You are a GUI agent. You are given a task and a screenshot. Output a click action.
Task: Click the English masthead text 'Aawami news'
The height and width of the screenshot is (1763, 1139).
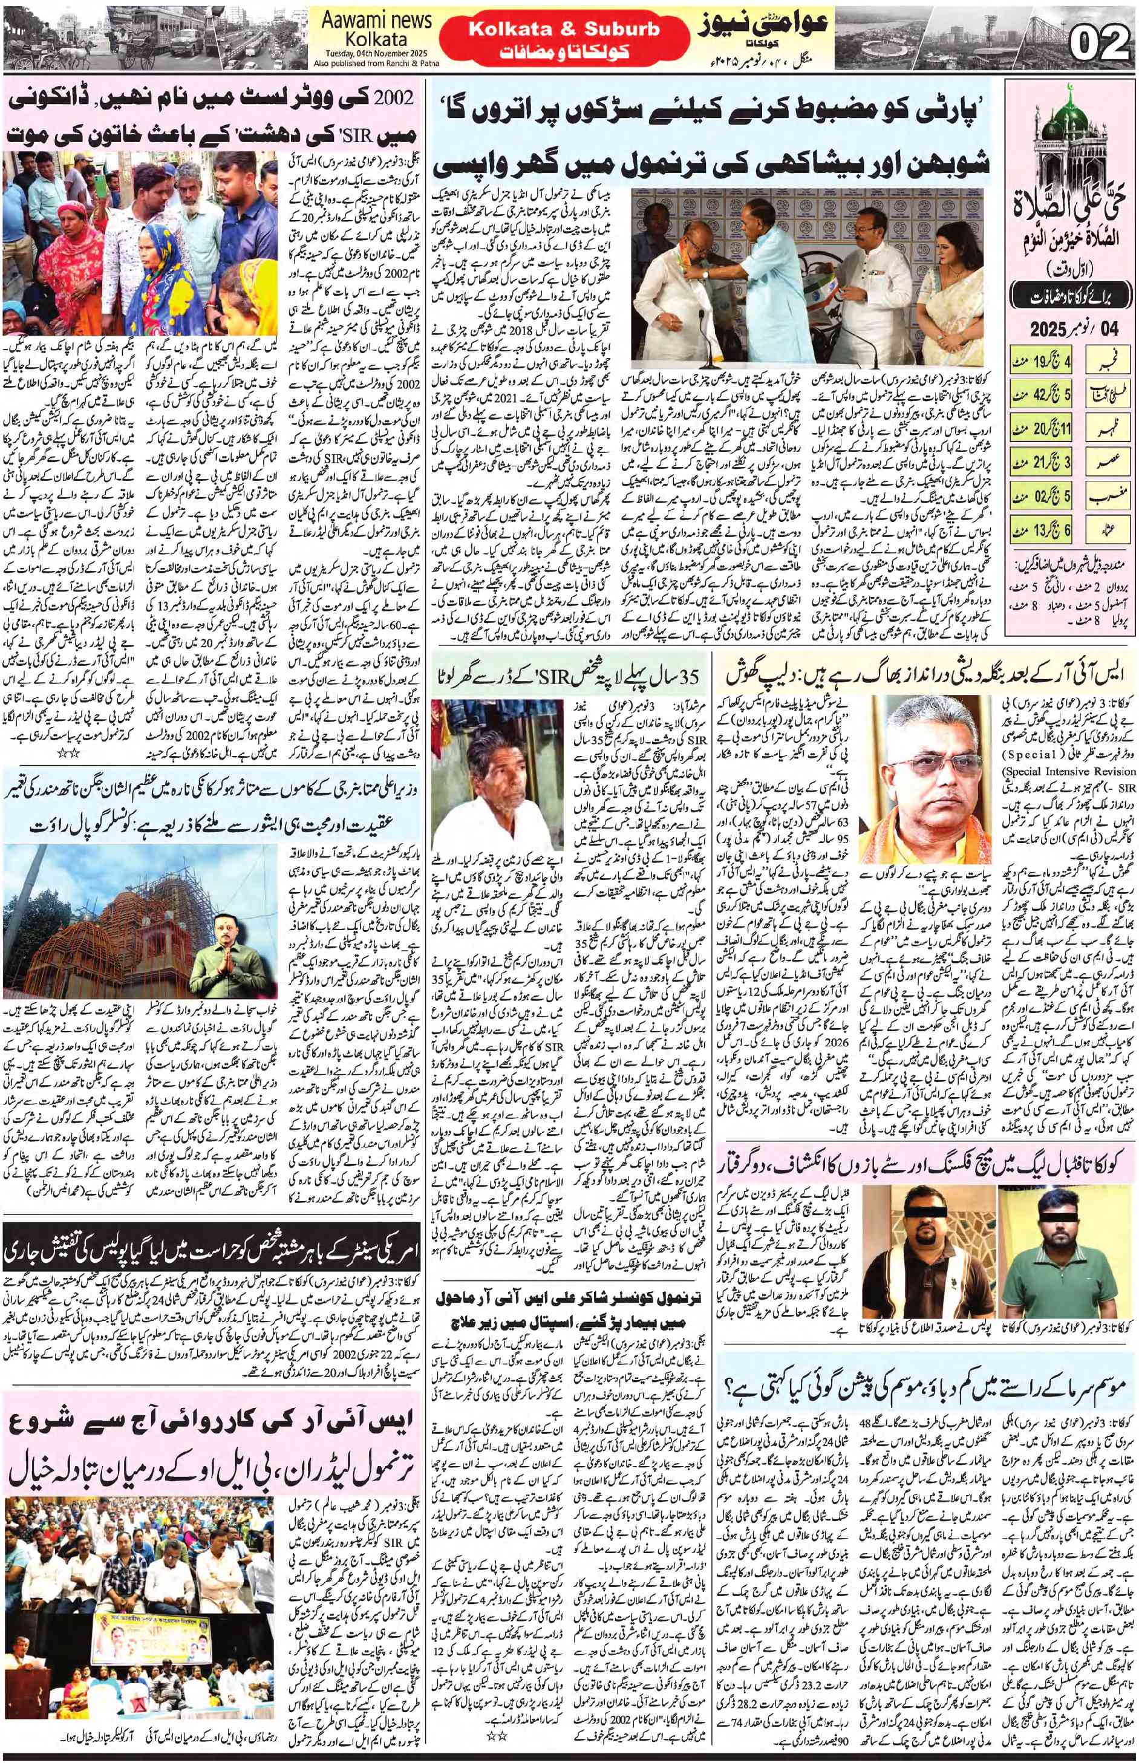click(376, 21)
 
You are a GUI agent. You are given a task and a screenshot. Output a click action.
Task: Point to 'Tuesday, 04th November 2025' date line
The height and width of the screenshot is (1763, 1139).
click(376, 54)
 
